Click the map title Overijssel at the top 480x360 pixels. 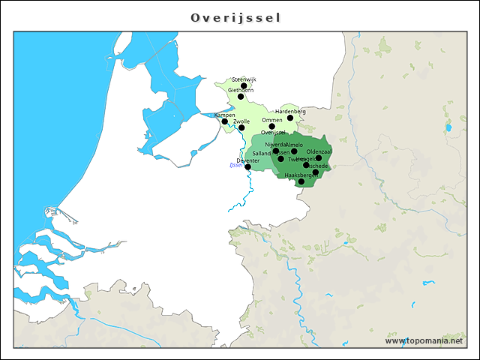point(235,17)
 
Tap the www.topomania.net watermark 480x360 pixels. point(424,340)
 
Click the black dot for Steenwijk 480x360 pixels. point(244,86)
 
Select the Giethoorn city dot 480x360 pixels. point(241,97)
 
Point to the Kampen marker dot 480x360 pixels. point(224,121)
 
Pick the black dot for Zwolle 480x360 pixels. point(241,127)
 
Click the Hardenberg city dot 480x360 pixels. point(290,118)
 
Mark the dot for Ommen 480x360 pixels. point(271,126)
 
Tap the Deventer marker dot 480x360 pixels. point(247,166)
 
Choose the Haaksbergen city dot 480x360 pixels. point(301,181)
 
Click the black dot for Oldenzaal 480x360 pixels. point(319,158)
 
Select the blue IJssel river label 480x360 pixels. point(236,165)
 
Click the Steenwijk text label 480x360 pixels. point(244,79)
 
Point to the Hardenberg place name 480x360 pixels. point(290,111)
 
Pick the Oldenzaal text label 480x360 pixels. point(319,151)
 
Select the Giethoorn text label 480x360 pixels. point(241,90)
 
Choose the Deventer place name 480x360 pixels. point(247,160)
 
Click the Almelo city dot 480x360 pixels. point(294,151)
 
